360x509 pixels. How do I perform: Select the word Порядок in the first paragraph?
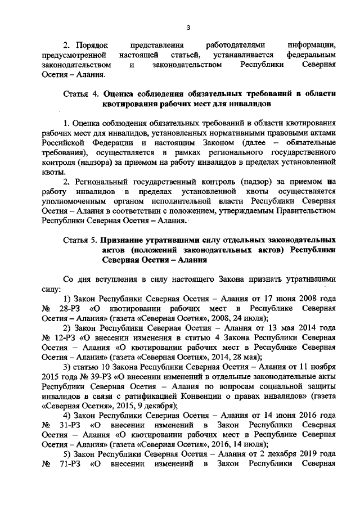(91, 44)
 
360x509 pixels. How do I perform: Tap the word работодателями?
(226, 44)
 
